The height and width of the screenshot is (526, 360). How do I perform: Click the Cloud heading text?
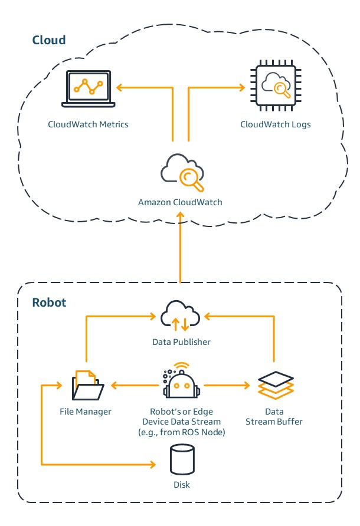[x=48, y=40]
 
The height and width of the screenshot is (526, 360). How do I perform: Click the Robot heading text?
[x=49, y=303]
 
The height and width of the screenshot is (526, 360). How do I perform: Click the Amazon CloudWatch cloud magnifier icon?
[x=182, y=172]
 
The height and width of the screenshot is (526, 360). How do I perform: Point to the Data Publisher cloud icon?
[x=181, y=317]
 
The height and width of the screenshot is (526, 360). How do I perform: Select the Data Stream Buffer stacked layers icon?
[x=275, y=386]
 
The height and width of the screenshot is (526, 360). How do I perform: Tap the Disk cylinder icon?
[x=181, y=460]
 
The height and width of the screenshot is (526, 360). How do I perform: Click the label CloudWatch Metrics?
[x=88, y=124]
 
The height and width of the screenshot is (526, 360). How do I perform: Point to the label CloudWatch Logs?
[x=275, y=124]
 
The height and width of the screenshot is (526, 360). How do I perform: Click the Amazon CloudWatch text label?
[x=180, y=202]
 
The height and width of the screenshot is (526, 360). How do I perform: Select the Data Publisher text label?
[x=181, y=341]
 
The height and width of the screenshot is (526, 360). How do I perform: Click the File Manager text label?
[x=86, y=412]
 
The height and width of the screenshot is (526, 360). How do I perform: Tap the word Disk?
[x=181, y=485]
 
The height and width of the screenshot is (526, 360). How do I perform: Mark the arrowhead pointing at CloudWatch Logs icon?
[x=242, y=88]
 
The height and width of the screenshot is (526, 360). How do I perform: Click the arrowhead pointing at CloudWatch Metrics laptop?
[x=119, y=88]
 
